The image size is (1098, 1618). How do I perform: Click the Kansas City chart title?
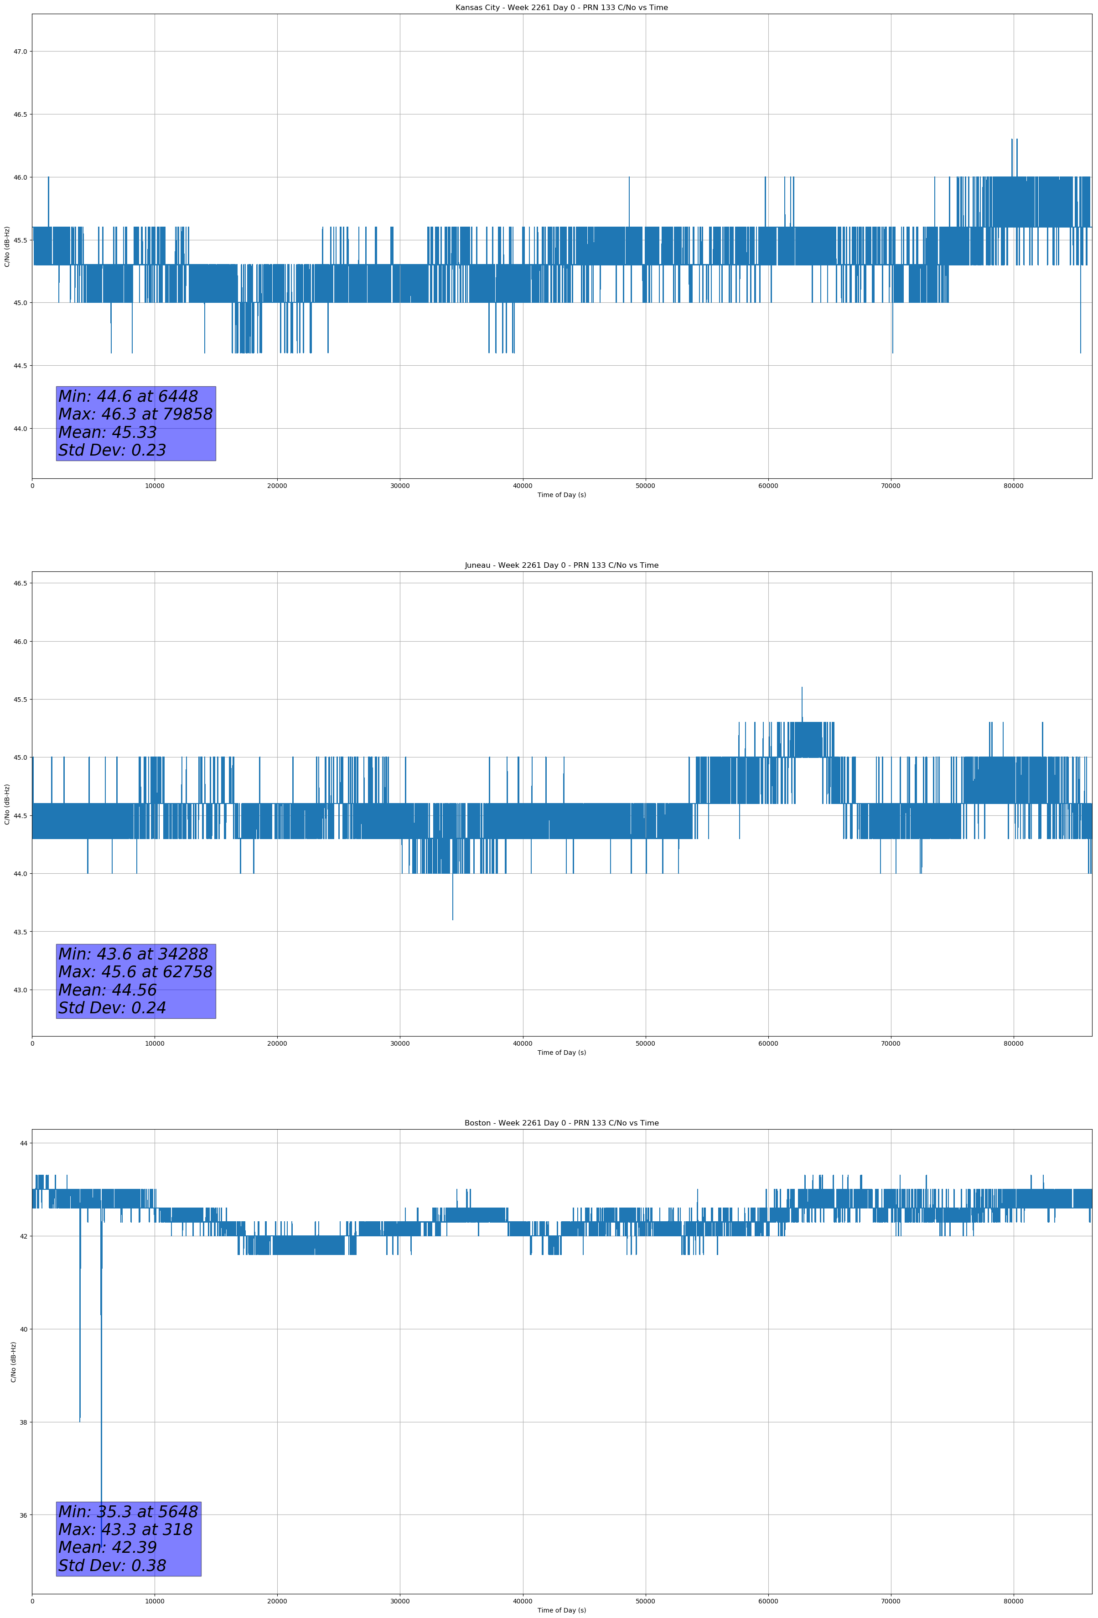[561, 8]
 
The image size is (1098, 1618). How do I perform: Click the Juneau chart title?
[561, 565]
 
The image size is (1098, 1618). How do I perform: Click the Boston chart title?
[561, 1123]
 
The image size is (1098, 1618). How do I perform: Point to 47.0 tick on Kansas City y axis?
[20, 52]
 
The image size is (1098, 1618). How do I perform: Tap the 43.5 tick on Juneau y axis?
[20, 932]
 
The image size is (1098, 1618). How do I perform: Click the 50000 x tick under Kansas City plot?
[645, 486]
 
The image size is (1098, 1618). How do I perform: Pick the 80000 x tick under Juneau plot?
[1013, 1043]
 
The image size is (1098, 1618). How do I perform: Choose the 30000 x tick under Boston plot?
[399, 1601]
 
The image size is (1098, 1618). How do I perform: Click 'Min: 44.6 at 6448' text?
[128, 396]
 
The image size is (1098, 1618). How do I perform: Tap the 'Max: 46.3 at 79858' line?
[135, 414]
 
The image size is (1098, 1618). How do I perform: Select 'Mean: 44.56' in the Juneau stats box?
[107, 990]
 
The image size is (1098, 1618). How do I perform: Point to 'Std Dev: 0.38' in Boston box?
[112, 1566]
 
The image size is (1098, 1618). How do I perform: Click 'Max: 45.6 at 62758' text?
[135, 972]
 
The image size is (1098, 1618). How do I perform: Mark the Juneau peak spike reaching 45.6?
[802, 689]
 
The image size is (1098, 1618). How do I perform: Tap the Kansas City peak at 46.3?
[1012, 140]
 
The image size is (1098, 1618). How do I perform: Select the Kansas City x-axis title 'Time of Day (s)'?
[561, 495]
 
